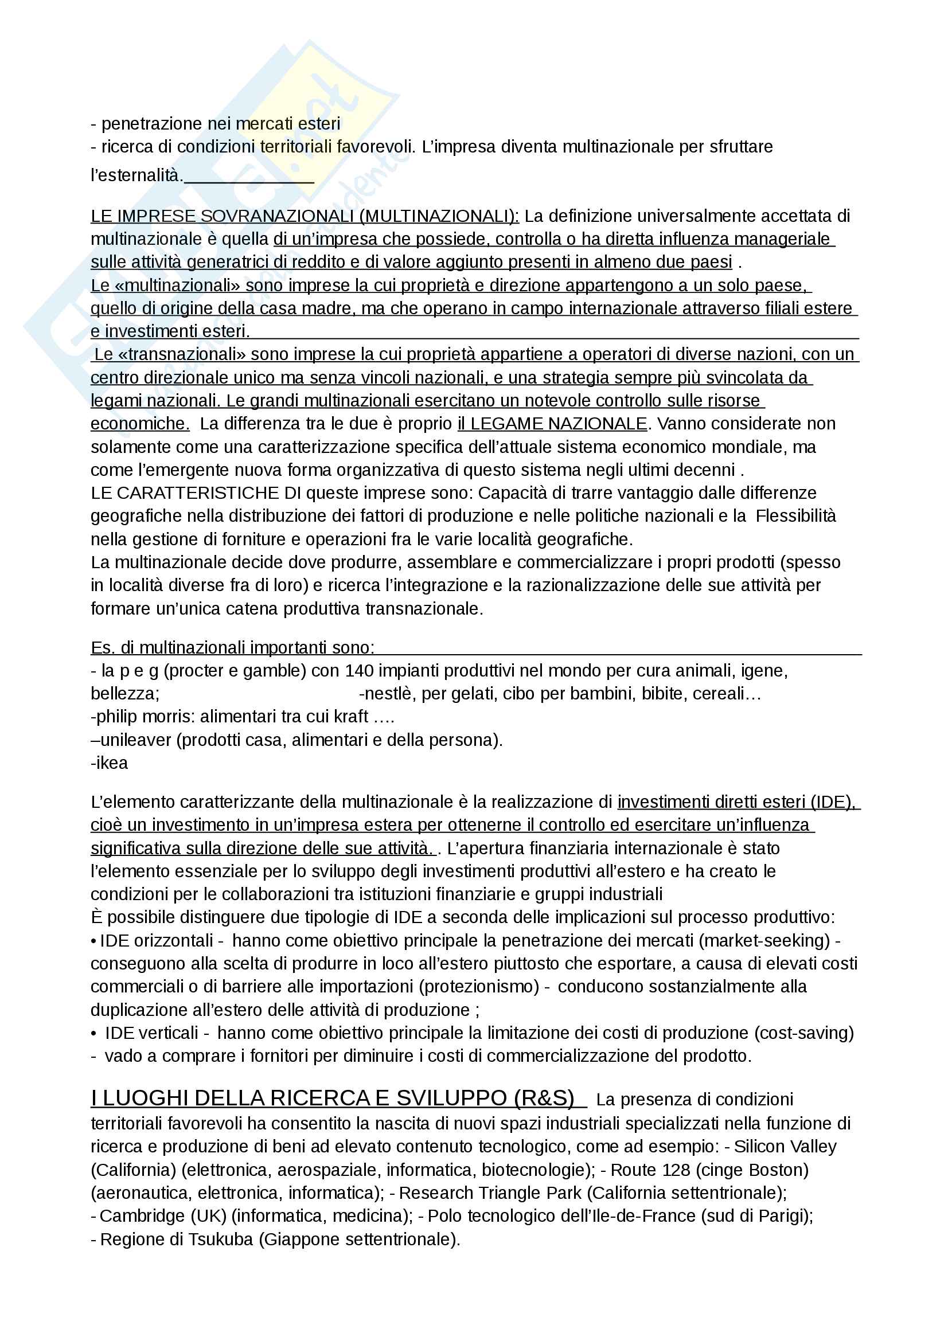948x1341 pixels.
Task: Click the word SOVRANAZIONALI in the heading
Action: pyautogui.click(x=278, y=216)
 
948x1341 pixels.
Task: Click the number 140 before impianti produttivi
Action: pyautogui.click(x=359, y=671)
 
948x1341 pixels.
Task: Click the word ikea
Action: pyautogui.click(x=112, y=763)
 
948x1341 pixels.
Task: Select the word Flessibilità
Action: pyautogui.click(x=795, y=516)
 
